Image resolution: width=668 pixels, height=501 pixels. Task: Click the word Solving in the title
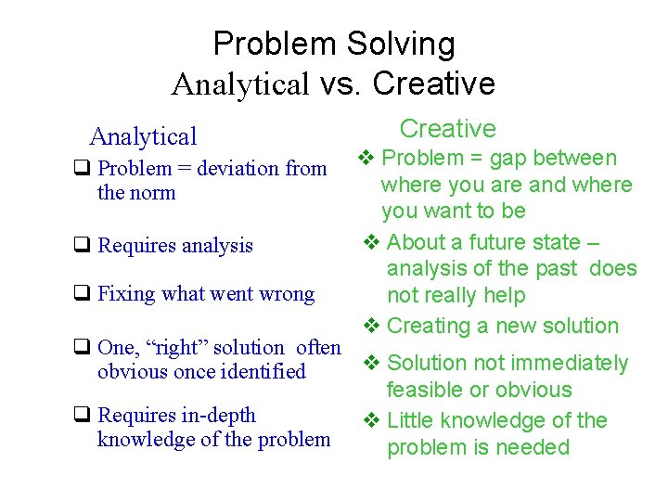[401, 44]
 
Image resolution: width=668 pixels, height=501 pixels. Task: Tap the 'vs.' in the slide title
[340, 83]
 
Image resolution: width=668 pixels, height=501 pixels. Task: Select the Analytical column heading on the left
[143, 136]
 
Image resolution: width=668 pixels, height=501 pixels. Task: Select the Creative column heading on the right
[447, 128]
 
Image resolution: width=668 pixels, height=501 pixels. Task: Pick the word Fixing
[128, 294]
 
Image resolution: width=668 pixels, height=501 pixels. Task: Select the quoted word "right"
[171, 347]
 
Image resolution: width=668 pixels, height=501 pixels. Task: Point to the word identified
[263, 371]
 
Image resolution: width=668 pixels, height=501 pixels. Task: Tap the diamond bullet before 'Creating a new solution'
[370, 326]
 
